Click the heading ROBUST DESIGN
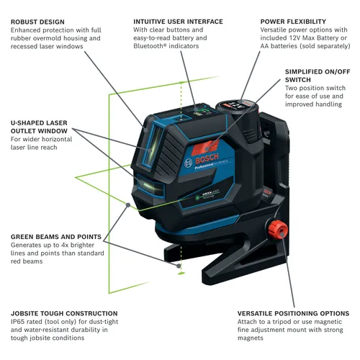click(40, 21)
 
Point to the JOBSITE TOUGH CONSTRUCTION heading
click(64, 313)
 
